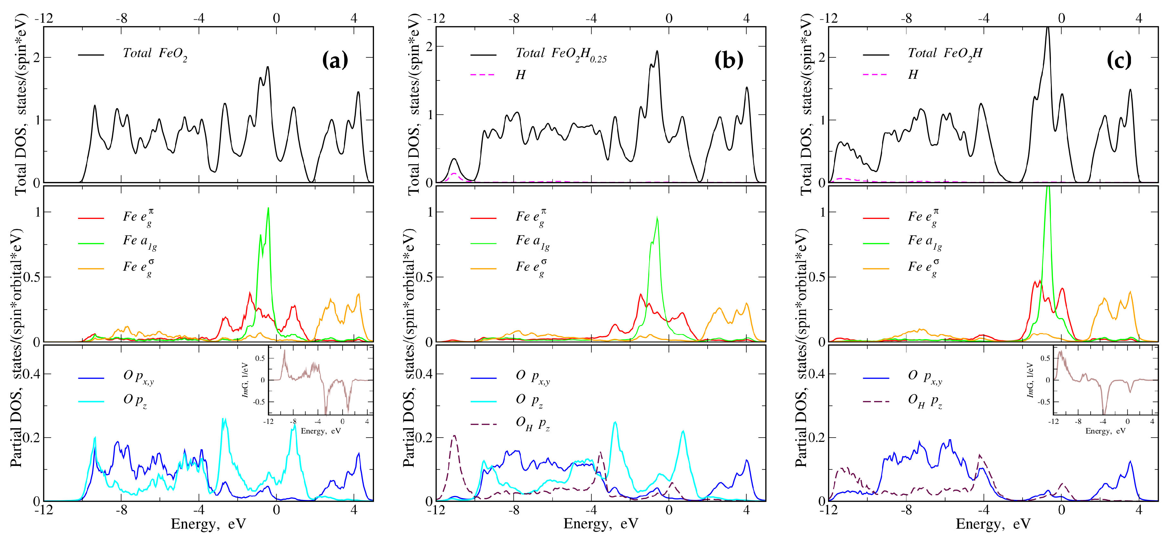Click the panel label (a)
click(335, 60)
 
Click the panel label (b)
click(728, 60)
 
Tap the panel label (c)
click(1119, 60)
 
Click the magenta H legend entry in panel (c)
click(913, 75)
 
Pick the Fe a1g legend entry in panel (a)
click(139, 242)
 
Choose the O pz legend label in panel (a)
click(135, 400)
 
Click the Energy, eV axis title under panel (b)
click(601, 524)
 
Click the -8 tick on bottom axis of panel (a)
click(121, 510)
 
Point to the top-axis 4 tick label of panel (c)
click(1139, 18)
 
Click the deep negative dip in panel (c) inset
click(1104, 413)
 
